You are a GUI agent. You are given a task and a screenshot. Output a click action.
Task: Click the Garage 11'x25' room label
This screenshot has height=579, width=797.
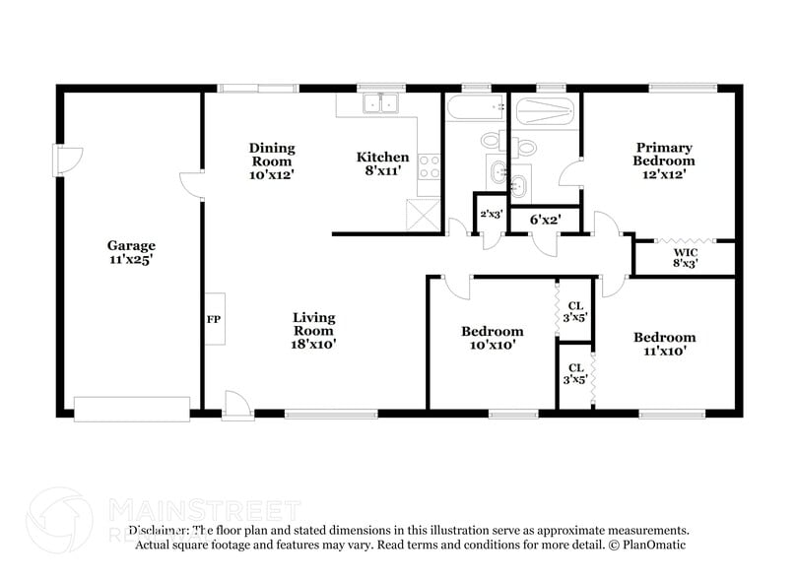[132, 253]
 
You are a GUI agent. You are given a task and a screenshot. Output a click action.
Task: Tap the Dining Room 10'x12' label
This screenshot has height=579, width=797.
[271, 161]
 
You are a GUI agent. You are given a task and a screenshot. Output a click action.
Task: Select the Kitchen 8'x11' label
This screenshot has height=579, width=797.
[382, 163]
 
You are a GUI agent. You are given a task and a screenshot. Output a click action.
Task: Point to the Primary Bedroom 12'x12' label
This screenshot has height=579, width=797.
[663, 160]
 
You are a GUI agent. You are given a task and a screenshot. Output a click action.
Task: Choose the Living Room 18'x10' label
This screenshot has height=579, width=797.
[313, 331]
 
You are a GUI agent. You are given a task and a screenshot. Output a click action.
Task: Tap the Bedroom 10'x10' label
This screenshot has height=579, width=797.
[492, 338]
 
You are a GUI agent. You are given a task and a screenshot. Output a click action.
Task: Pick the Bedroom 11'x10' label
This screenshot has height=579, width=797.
[663, 343]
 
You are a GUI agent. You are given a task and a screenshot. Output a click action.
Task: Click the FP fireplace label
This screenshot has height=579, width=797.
[213, 319]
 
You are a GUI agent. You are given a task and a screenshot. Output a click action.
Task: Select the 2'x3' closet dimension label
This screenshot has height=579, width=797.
[490, 214]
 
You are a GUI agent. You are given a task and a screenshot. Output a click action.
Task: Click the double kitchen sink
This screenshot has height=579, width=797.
[379, 102]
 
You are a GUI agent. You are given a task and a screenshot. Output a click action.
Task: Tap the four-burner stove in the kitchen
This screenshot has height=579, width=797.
[430, 167]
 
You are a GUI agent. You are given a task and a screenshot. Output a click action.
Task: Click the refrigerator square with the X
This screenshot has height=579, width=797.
[427, 214]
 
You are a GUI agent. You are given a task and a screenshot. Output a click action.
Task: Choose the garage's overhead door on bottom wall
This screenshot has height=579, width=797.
[132, 408]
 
